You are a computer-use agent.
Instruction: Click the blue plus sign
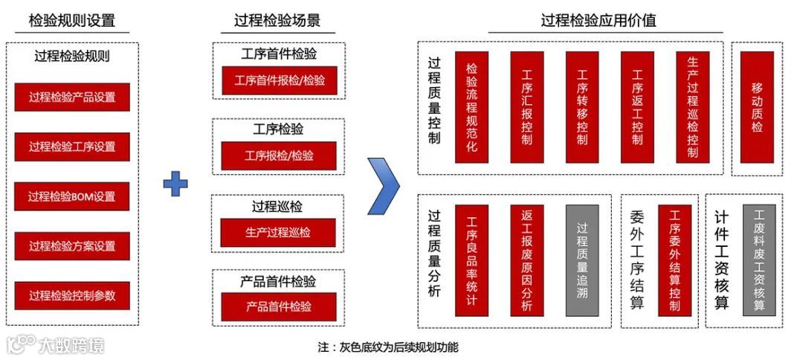(175, 184)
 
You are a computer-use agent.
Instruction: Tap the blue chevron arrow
(384, 184)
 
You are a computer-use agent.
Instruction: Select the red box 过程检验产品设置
(72, 97)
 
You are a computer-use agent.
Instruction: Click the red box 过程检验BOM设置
(72, 196)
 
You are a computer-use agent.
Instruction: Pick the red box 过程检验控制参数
(72, 295)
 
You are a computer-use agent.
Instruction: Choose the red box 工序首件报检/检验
(279, 80)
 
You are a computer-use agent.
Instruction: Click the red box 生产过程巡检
(278, 232)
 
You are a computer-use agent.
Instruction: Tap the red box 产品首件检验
(278, 306)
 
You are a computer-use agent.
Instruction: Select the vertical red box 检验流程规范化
(471, 107)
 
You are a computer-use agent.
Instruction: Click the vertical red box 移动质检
(757, 107)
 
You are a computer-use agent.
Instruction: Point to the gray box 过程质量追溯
(582, 260)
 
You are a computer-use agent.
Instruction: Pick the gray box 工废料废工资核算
(758, 260)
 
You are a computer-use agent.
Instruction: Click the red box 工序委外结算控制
(674, 260)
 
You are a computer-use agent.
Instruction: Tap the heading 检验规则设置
(72, 21)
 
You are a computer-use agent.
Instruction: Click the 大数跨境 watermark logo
(55, 344)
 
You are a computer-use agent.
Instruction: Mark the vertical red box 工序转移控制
(582, 107)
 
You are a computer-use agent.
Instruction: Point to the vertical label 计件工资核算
(721, 260)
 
